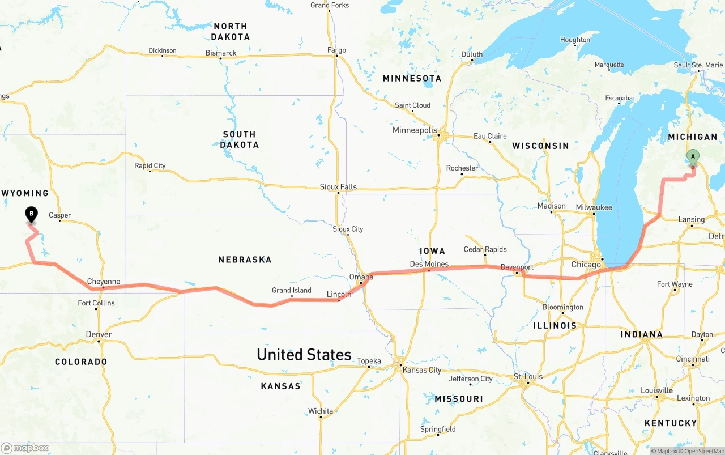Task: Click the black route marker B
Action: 32,215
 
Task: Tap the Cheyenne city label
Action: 103,282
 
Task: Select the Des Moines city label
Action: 429,264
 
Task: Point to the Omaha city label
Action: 361,277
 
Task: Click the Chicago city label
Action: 586,265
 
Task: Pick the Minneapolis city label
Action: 415,130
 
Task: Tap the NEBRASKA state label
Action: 245,260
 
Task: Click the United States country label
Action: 304,355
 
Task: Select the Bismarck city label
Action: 221,53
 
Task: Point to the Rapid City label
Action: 150,165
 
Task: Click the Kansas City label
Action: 421,370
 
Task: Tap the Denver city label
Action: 99,334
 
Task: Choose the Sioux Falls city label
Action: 338,186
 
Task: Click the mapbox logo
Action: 25,448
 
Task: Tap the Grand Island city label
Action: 291,290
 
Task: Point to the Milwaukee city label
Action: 594,207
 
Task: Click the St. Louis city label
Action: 528,376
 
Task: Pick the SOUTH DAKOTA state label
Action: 240,139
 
